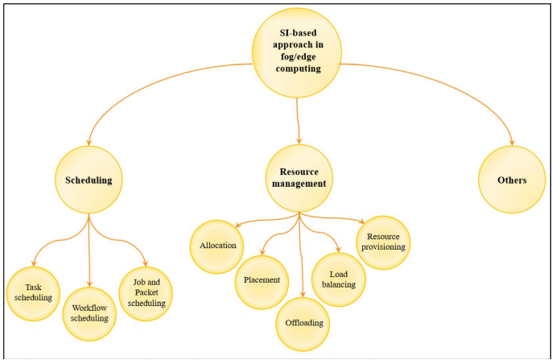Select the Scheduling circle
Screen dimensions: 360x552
(89, 180)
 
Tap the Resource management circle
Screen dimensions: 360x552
(299, 178)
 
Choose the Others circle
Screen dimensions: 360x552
(512, 180)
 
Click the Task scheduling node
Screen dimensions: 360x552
(33, 292)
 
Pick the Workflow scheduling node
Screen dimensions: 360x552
(89, 312)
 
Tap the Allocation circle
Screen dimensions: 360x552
(217, 244)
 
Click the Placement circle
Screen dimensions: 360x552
(262, 281)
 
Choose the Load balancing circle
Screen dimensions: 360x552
(339, 278)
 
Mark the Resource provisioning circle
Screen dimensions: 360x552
(383, 242)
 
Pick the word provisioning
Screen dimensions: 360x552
(383, 247)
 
